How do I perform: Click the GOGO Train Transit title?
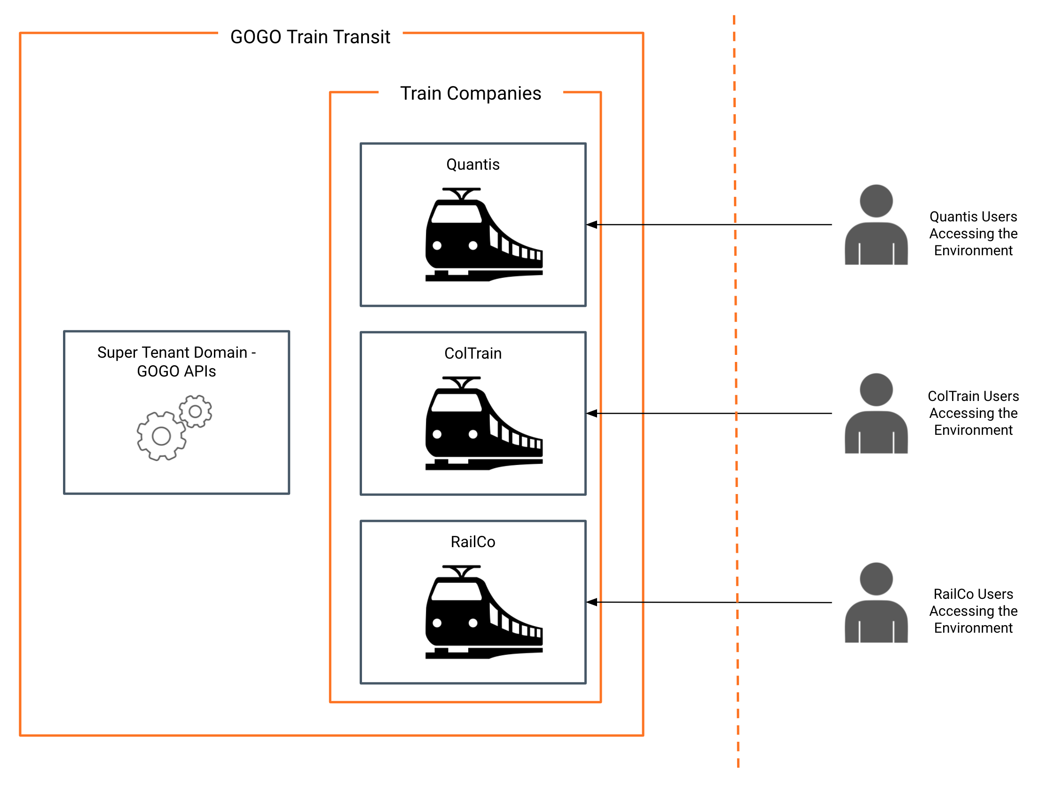pos(310,37)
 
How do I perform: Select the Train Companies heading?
pos(471,94)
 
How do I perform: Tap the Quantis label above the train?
pos(473,165)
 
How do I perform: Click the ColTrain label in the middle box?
pos(473,353)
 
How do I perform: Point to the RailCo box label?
pos(473,542)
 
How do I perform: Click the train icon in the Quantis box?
pos(484,235)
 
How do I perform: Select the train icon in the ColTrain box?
pos(484,423)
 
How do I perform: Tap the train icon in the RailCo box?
pos(484,612)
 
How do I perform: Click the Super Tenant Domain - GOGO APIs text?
pos(176,361)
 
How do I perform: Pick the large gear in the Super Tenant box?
pos(161,436)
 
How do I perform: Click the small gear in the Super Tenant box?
pos(195,412)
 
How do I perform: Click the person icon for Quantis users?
pos(876,225)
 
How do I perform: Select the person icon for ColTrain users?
pos(876,413)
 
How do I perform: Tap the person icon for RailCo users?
pos(876,602)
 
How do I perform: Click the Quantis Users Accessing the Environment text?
pos(973,233)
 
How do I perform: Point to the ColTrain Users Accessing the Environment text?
pos(973,413)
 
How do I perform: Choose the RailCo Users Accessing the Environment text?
pos(973,611)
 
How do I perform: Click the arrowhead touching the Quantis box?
pos(591,225)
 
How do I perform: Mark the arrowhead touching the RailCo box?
pos(591,602)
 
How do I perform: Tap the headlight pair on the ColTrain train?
pos(455,434)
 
